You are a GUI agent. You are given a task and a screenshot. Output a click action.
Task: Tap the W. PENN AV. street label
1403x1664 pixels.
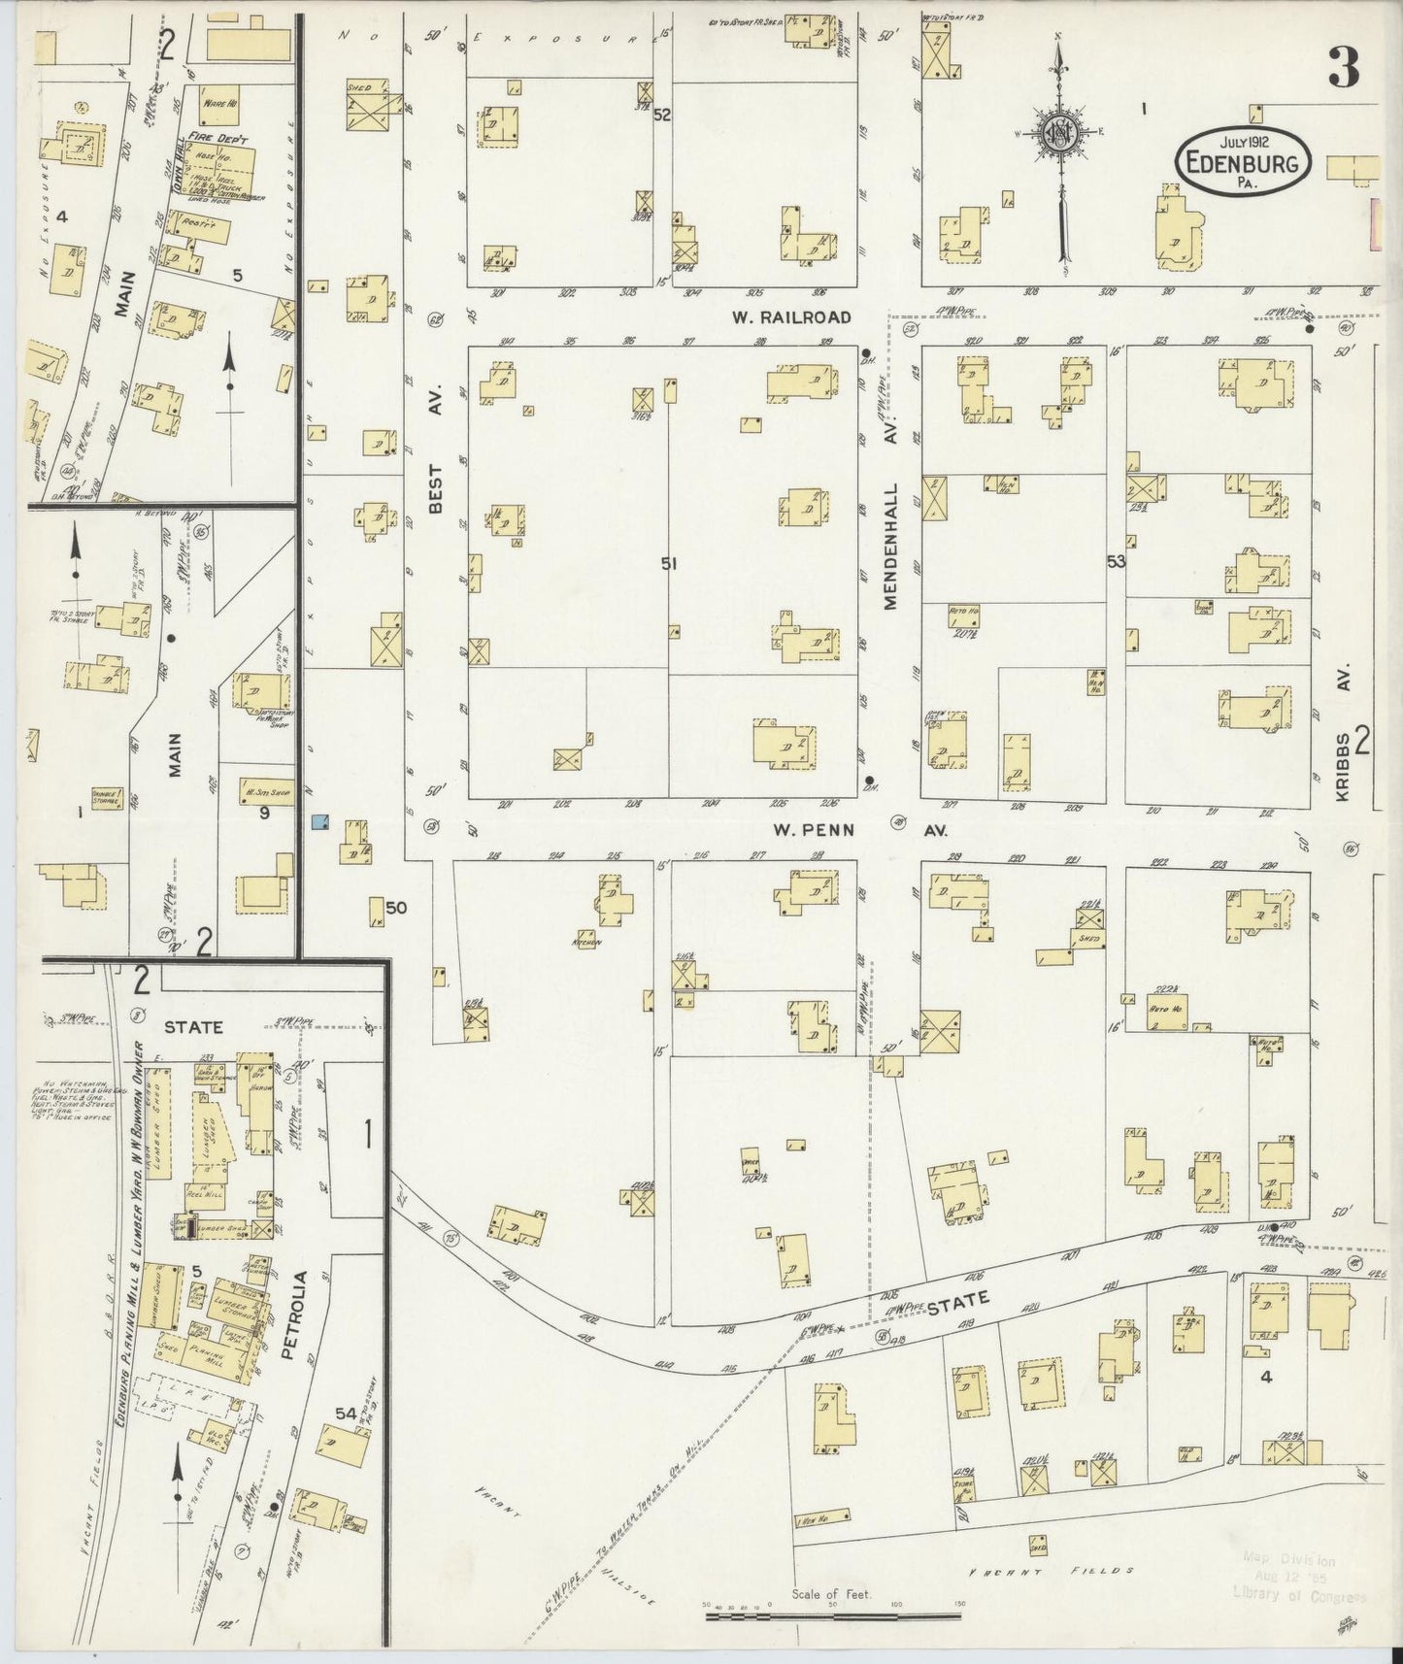click(x=845, y=831)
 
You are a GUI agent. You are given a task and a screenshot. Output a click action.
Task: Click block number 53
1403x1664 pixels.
click(x=1116, y=561)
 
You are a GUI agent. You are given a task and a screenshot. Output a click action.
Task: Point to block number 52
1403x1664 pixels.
click(x=663, y=115)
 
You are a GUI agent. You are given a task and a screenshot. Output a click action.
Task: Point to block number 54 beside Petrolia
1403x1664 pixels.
click(x=346, y=1414)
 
